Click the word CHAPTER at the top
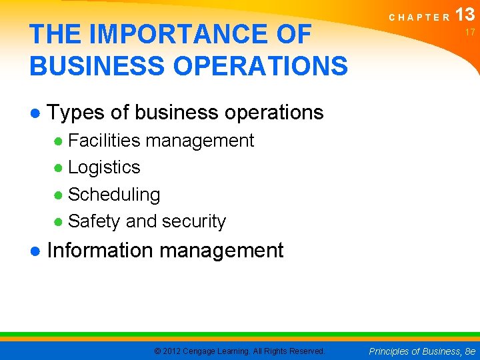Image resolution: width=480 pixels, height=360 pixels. click(x=419, y=17)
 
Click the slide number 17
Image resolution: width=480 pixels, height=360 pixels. click(x=470, y=32)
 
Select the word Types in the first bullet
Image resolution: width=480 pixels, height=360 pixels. click(x=76, y=113)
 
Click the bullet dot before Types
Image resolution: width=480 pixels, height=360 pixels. click(x=35, y=113)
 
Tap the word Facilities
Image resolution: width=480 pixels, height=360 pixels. click(x=104, y=141)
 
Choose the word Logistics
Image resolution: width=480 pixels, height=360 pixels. click(x=104, y=167)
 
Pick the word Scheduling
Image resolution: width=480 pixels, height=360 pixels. click(x=114, y=195)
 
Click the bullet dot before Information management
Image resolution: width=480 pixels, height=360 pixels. click(x=35, y=251)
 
